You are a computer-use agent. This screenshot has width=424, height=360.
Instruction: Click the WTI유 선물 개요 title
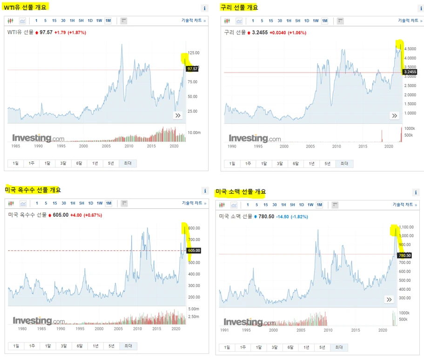[26, 7]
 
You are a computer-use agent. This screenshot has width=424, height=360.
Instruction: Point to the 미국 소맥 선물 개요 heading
[241, 192]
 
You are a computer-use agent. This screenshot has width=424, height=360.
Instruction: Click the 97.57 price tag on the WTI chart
[192, 69]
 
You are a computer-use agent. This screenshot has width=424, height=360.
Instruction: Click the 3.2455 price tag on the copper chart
[410, 72]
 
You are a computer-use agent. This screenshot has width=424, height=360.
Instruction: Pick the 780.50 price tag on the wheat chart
[405, 255]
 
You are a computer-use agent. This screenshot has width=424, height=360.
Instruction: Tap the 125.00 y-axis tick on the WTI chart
[193, 53]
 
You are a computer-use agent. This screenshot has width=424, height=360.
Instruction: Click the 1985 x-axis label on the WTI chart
[15, 146]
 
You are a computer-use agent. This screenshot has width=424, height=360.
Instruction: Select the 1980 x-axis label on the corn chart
[22, 328]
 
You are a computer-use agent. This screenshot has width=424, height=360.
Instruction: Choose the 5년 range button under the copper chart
[328, 164]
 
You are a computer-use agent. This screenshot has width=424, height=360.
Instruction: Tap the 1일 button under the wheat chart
[227, 347]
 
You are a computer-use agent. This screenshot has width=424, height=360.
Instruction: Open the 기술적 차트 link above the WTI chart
[194, 21]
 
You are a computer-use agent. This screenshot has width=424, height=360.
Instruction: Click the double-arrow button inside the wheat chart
[389, 300]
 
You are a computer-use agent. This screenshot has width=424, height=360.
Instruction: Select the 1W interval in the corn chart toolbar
[100, 203]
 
